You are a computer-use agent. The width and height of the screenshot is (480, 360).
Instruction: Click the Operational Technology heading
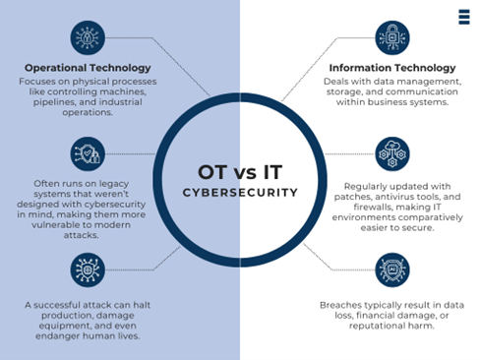tap(88, 68)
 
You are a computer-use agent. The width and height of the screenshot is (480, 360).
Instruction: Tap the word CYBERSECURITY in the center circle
tap(240, 193)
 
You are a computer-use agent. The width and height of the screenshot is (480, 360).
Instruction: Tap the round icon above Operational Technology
tap(88, 38)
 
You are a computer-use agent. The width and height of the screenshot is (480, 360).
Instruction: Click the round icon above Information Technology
tap(391, 38)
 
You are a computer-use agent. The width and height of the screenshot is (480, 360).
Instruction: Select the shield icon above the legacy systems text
tap(88, 153)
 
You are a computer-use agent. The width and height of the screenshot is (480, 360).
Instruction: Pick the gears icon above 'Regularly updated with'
tap(391, 153)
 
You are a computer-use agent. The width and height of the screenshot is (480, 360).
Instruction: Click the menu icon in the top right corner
tap(463, 17)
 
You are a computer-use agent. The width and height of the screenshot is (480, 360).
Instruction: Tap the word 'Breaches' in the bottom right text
tap(339, 304)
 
